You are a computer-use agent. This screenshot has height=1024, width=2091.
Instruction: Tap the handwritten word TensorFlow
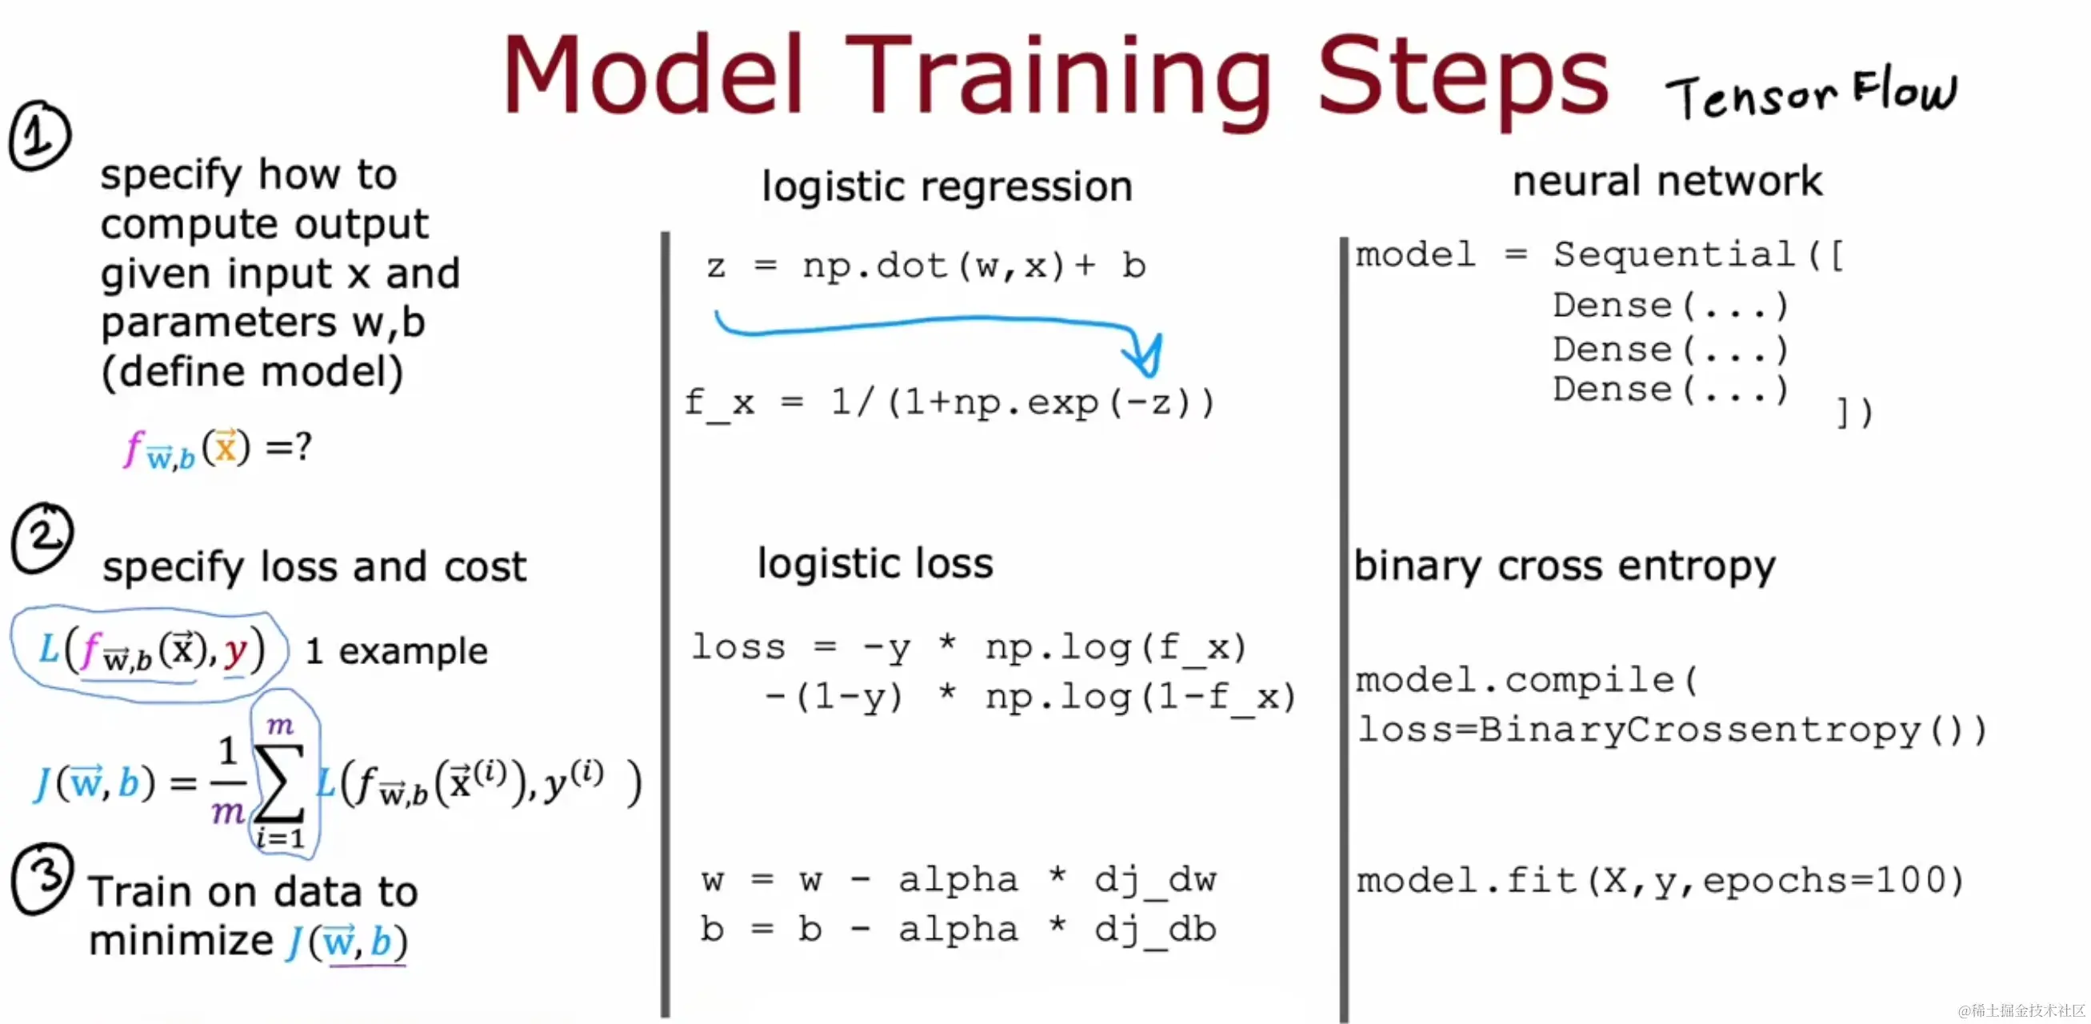pyautogui.click(x=1811, y=93)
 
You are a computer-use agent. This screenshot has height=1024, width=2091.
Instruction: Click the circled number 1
pyautogui.click(x=40, y=136)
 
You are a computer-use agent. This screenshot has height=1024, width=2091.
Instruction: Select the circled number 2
pyautogui.click(x=42, y=538)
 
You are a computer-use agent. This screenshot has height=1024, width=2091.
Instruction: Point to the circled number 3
pyautogui.click(x=43, y=878)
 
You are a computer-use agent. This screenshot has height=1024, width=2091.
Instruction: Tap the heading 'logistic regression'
pyautogui.click(x=946, y=186)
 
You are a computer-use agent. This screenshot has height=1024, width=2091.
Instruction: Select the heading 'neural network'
pyautogui.click(x=1667, y=180)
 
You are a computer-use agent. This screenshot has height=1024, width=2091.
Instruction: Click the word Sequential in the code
pyautogui.click(x=1673, y=254)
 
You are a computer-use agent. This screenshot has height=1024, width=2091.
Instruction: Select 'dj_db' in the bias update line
pyautogui.click(x=1155, y=929)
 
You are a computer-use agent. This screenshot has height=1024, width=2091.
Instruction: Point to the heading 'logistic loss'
pyautogui.click(x=875, y=562)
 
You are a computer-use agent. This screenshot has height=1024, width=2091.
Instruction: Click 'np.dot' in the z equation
pyautogui.click(x=874, y=266)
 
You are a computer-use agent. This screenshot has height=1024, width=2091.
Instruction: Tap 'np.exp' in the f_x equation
pyautogui.click(x=1026, y=402)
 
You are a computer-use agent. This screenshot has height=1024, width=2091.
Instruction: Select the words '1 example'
pyautogui.click(x=396, y=651)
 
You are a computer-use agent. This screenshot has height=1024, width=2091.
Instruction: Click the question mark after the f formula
pyautogui.click(x=304, y=446)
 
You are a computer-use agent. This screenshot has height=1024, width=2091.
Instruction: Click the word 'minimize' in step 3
pyautogui.click(x=181, y=940)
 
